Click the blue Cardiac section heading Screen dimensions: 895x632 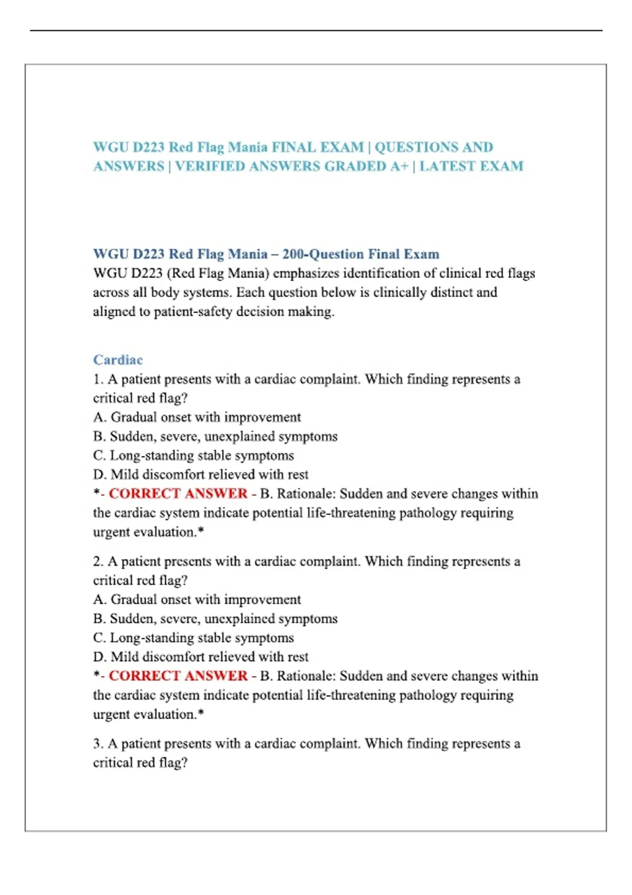(x=117, y=360)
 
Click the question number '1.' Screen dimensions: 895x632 (x=98, y=380)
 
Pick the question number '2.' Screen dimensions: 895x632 (x=98, y=562)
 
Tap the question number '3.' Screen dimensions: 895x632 (x=98, y=744)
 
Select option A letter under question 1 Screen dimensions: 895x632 (x=99, y=417)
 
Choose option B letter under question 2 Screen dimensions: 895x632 (x=98, y=619)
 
